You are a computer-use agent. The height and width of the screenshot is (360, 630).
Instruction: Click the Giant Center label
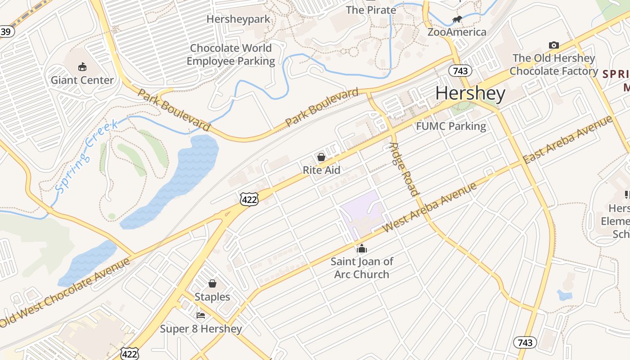click(82, 80)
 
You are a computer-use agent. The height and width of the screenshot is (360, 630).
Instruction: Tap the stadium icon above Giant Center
click(82, 67)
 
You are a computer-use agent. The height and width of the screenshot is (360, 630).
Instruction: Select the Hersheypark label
click(238, 19)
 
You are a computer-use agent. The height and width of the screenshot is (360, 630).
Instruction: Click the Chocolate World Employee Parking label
click(230, 54)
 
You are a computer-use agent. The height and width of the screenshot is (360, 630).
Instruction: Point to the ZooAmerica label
click(457, 32)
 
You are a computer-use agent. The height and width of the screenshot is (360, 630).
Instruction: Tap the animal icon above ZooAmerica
click(457, 19)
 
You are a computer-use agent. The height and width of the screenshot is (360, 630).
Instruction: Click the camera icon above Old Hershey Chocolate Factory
click(554, 45)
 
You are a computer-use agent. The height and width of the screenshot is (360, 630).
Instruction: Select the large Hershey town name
click(470, 94)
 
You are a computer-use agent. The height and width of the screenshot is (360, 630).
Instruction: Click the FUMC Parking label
click(451, 126)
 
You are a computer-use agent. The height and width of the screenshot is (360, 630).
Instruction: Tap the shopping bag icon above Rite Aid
click(321, 157)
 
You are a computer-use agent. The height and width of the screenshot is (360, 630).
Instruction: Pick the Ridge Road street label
click(404, 170)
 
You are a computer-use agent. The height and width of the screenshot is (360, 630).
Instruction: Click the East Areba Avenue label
click(568, 139)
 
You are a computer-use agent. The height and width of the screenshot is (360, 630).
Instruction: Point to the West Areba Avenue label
click(429, 207)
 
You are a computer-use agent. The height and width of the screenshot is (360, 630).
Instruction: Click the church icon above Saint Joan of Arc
click(362, 248)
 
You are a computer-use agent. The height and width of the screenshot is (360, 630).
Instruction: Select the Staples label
click(212, 297)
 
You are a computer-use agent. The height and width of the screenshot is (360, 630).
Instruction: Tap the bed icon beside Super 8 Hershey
click(201, 315)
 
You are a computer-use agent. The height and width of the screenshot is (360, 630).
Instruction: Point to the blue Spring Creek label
click(86, 155)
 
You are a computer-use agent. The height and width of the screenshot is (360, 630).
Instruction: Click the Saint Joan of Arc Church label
click(362, 268)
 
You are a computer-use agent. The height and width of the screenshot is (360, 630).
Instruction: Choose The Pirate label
click(371, 10)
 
